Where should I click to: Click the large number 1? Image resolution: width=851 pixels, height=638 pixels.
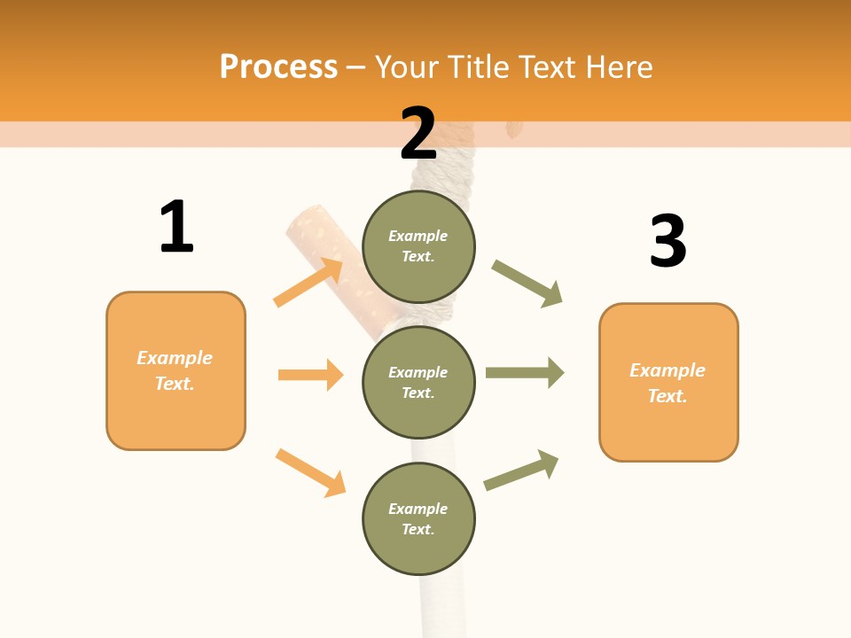(x=176, y=227)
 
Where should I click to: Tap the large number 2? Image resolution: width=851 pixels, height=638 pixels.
(x=418, y=133)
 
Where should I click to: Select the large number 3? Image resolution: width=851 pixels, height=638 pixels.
(x=668, y=241)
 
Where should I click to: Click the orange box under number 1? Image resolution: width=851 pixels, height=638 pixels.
(x=176, y=370)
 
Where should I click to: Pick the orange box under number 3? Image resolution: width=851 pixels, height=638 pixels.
(x=668, y=383)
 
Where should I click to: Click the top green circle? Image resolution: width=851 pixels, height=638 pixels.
(x=418, y=246)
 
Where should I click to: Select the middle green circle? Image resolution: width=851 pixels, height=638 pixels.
(x=418, y=382)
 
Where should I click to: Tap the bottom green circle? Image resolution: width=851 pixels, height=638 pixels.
(x=418, y=518)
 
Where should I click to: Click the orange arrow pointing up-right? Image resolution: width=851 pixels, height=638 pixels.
(x=308, y=282)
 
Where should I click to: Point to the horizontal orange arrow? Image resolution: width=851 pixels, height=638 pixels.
(x=310, y=375)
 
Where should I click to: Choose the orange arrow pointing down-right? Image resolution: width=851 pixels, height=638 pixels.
(x=310, y=472)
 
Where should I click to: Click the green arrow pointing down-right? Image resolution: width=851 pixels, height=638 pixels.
(x=527, y=283)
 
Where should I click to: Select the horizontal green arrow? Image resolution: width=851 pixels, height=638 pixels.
(x=525, y=373)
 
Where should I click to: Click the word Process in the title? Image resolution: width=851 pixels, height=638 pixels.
(x=278, y=66)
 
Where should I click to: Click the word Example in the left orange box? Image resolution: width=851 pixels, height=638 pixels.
(x=175, y=358)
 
